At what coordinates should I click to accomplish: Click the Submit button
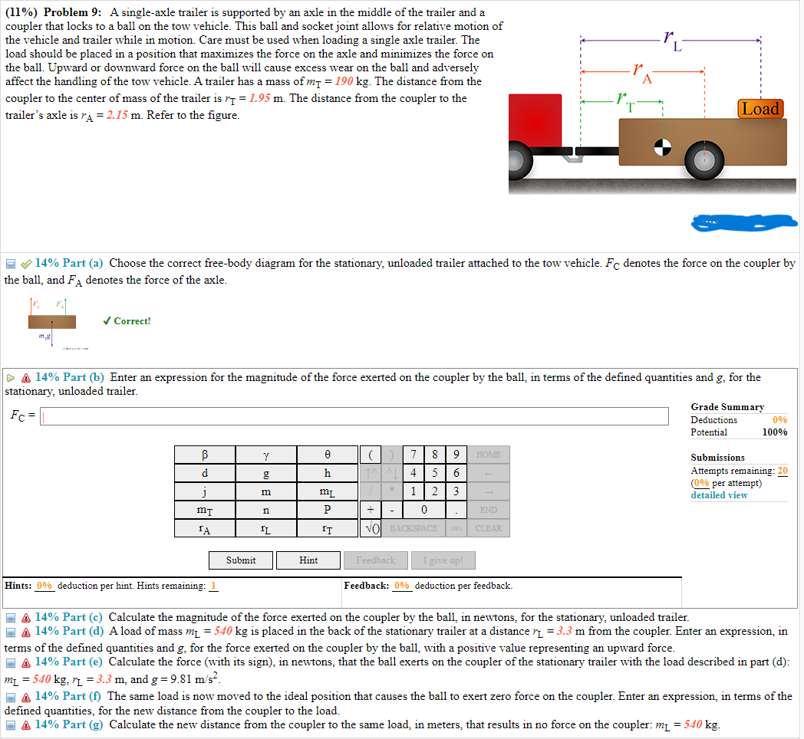point(241,560)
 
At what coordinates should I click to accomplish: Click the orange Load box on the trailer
point(760,109)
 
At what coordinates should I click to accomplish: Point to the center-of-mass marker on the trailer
point(662,146)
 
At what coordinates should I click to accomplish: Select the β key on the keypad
point(205,455)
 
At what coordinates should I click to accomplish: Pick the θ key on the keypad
point(328,455)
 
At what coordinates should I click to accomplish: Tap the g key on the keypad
point(266,473)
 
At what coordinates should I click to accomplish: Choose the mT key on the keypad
point(205,510)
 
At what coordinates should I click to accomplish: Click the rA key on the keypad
point(205,528)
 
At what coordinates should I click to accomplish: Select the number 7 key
point(415,455)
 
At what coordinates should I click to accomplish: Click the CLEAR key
point(488,528)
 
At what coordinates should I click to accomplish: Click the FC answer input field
point(354,415)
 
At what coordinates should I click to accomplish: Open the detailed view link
point(719,495)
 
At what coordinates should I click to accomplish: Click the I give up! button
point(443,560)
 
